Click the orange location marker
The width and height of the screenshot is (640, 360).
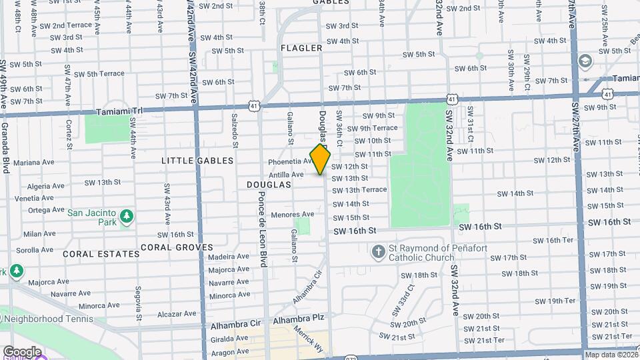pyautogui.click(x=321, y=159)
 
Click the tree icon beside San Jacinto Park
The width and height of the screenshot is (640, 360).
pyautogui.click(x=126, y=217)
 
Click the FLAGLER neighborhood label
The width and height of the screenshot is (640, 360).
pyautogui.click(x=301, y=48)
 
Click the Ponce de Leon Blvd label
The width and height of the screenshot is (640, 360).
pyautogui.click(x=263, y=229)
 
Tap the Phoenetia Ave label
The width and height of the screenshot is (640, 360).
pyautogui.click(x=290, y=161)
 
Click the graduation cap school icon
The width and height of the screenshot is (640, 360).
pyautogui.click(x=586, y=61)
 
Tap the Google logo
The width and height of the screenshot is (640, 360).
pyautogui.click(x=21, y=351)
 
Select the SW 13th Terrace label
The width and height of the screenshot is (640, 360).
pyautogui.click(x=359, y=190)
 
